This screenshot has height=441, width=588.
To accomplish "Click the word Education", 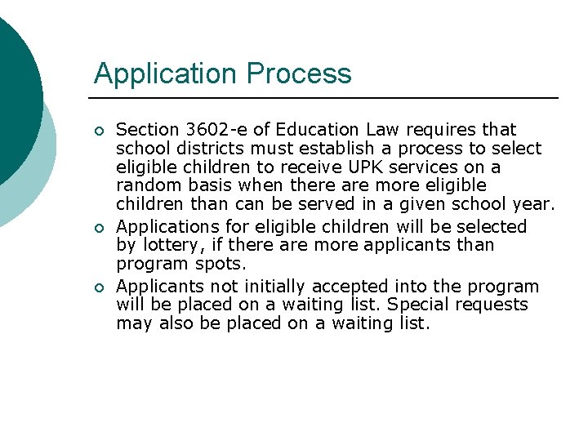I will pos(317,130).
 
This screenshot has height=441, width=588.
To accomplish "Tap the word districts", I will pos(198,149).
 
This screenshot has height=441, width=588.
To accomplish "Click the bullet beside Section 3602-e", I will pos(98,131).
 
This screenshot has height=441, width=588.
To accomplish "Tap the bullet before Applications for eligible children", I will pos(98,227).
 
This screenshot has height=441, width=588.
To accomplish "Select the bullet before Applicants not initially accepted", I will pos(98,287).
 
